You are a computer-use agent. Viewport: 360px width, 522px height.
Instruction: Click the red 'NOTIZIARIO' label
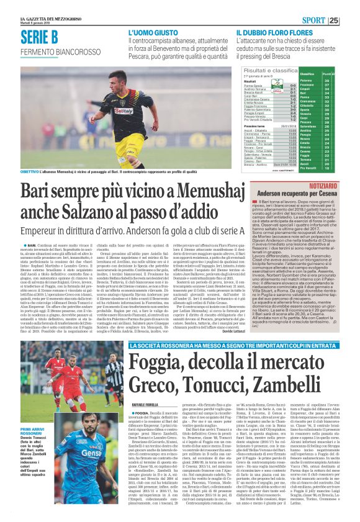(x=338, y=186)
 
